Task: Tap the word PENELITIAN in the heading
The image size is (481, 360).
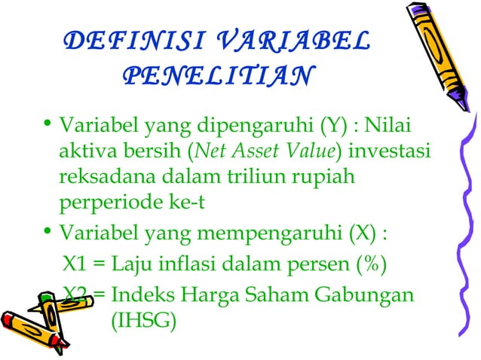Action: point(216,76)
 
